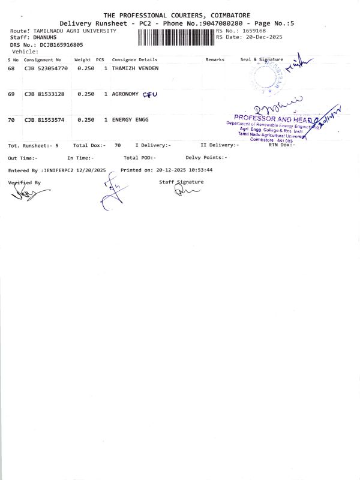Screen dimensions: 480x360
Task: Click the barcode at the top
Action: point(176,37)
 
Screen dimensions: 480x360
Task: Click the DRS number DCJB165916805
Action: point(61,44)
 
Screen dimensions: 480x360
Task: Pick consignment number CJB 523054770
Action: point(46,69)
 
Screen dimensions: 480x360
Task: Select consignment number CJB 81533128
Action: point(44,94)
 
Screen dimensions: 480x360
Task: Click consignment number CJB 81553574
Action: point(44,120)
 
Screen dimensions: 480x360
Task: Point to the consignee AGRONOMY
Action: point(125,94)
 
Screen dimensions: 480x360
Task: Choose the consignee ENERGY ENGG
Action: point(130,120)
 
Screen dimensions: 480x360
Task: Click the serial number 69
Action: point(11,94)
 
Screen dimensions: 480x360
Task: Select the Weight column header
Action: point(82,60)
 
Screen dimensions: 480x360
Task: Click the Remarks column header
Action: point(215,60)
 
